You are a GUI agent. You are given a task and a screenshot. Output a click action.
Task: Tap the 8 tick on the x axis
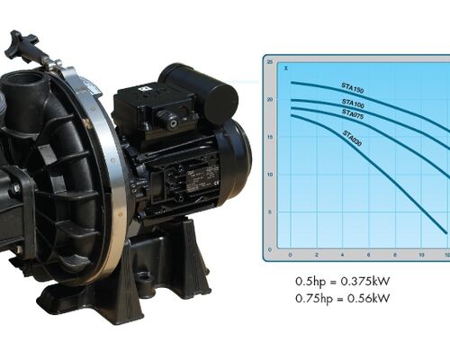coord(396,256)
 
